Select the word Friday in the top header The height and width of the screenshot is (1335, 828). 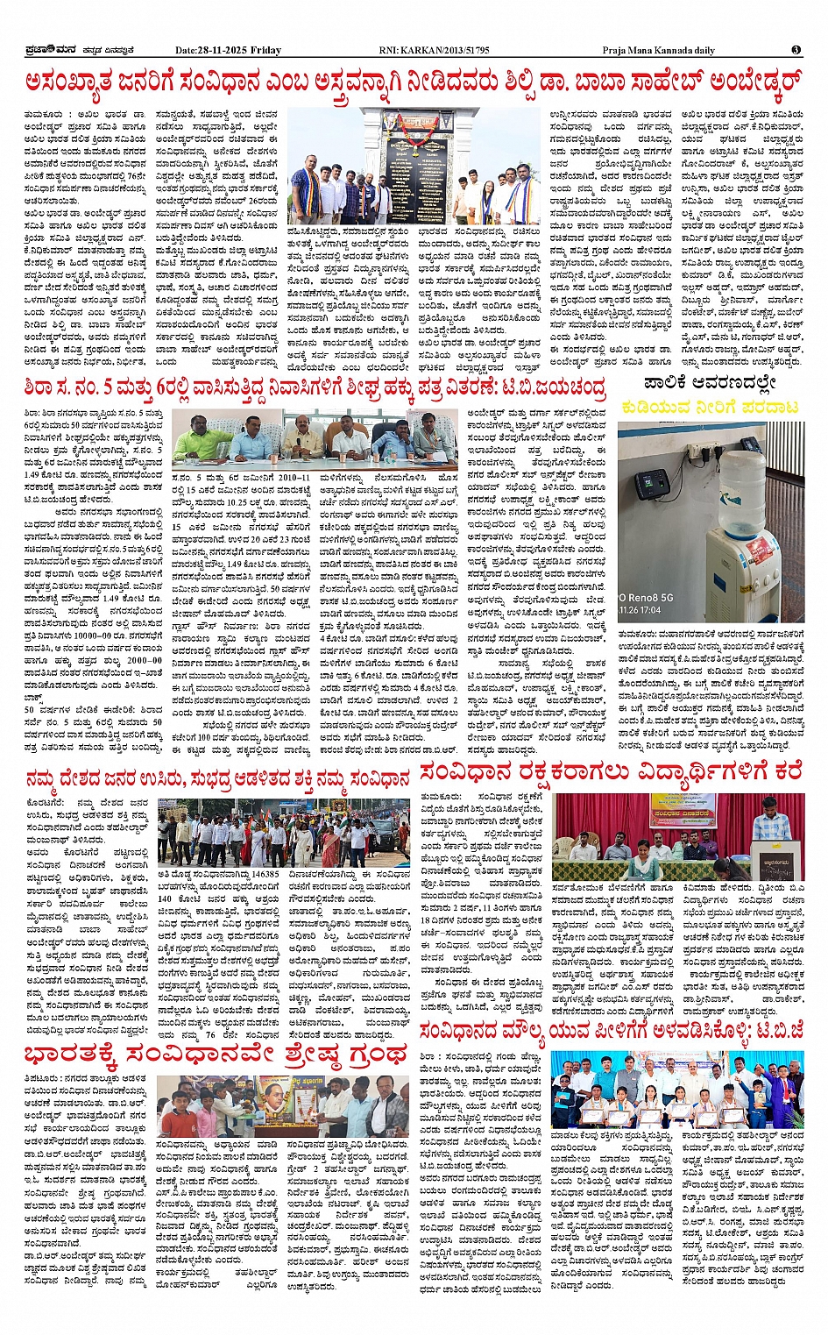tap(266, 50)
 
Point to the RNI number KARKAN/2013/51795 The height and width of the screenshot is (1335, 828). tap(435, 50)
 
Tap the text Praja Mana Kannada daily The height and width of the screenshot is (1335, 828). tap(658, 50)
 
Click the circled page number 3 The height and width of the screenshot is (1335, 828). tap(795, 50)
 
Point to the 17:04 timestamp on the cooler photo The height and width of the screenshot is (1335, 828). tap(648, 609)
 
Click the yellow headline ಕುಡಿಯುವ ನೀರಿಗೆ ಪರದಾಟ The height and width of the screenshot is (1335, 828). tap(710, 408)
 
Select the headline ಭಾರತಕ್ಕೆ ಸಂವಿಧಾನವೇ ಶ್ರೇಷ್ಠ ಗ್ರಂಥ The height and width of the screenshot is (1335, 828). tap(216, 1052)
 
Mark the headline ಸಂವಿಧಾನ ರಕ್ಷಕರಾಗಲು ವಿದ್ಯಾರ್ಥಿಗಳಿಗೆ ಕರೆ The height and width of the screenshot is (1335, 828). tap(611, 772)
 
